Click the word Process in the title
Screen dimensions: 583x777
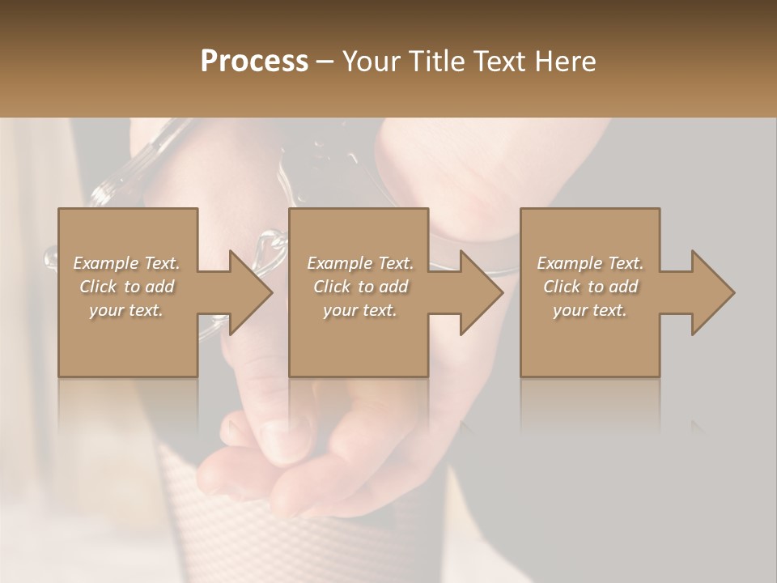(254, 62)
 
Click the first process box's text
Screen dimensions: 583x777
(126, 287)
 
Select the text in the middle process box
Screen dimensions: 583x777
(360, 287)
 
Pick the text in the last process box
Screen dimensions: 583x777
(590, 287)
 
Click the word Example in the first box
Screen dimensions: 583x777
(106, 263)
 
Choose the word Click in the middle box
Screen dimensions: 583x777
(331, 287)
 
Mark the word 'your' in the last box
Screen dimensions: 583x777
(570, 310)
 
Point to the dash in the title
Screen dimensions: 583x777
(325, 62)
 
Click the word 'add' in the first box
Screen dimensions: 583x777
(160, 287)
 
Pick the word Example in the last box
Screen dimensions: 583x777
(569, 263)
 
